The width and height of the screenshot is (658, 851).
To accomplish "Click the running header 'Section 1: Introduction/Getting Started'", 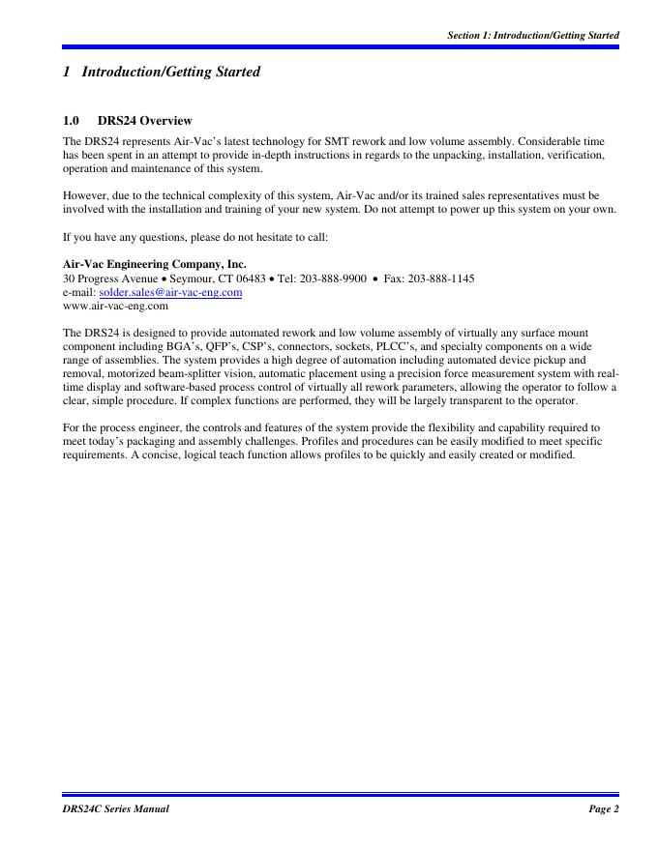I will point(533,36).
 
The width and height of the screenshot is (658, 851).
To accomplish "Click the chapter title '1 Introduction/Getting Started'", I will point(161,72).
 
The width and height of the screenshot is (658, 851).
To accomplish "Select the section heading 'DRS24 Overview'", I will point(144,122).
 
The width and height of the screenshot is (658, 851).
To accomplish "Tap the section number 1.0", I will point(70,122).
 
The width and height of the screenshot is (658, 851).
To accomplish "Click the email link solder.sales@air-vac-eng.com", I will point(170,291).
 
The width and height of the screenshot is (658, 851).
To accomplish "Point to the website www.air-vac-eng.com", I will point(115,306).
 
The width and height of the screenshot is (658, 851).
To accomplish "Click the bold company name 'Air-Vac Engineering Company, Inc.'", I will point(154,263).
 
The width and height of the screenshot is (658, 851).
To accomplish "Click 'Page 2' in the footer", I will point(603,808).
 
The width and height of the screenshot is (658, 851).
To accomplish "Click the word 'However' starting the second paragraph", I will point(85,195).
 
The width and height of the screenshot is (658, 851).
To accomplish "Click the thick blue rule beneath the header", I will point(340,46).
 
